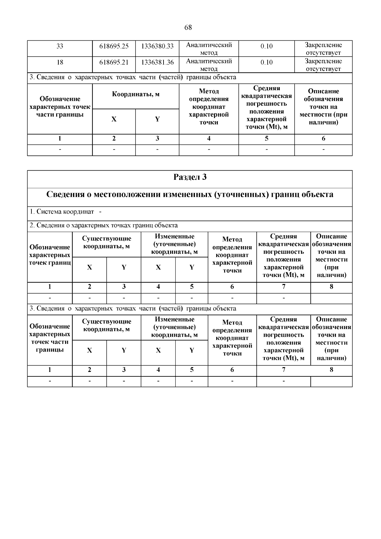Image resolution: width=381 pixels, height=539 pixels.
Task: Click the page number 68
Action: pyautogui.click(x=188, y=27)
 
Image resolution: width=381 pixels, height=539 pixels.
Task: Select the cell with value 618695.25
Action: pyautogui.click(x=114, y=46)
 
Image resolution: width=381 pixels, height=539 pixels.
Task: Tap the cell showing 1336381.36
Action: pyautogui.click(x=157, y=62)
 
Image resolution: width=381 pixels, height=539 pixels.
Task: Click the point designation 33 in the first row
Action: pyautogui.click(x=60, y=46)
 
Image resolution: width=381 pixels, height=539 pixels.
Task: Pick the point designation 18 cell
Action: pyautogui.click(x=60, y=62)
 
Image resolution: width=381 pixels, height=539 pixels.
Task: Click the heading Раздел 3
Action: pyautogui.click(x=190, y=177)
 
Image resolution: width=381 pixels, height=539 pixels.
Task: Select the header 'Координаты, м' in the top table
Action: pyautogui.click(x=136, y=94)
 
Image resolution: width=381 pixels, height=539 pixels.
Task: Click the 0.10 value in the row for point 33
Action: pyautogui.click(x=266, y=46)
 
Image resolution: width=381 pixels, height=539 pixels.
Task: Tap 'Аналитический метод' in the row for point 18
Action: pyautogui.click(x=209, y=65)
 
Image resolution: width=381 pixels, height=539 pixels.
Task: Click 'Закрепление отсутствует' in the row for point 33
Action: pyautogui.click(x=323, y=49)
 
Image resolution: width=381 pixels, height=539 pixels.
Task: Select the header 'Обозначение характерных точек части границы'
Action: pyautogui.click(x=60, y=107)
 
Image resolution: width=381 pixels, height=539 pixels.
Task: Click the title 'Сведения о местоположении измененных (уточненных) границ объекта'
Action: pyautogui.click(x=190, y=194)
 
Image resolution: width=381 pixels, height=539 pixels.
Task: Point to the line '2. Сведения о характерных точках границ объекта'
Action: pyautogui.click(x=104, y=226)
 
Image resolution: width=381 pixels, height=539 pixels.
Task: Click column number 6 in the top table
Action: pyautogui.click(x=323, y=138)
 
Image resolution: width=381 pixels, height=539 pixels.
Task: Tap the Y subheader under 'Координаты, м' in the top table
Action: pyautogui.click(x=157, y=119)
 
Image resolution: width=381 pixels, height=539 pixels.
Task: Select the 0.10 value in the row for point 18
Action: pyautogui.click(x=266, y=63)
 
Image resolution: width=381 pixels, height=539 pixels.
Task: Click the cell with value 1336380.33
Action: pyautogui.click(x=157, y=46)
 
